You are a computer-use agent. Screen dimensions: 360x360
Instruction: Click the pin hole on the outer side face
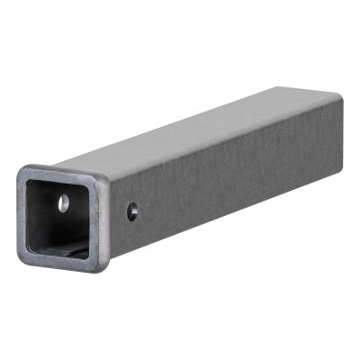(132, 211)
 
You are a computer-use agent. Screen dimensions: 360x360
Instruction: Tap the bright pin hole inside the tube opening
(64, 204)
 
